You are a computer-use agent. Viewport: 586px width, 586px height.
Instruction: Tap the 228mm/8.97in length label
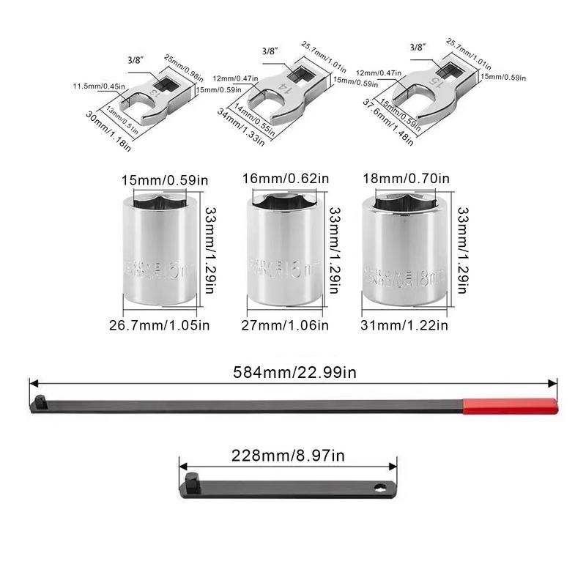click(287, 456)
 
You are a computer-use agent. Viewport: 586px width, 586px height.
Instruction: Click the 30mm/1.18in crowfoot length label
click(108, 131)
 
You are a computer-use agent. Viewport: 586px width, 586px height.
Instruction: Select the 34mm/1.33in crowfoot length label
click(241, 129)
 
